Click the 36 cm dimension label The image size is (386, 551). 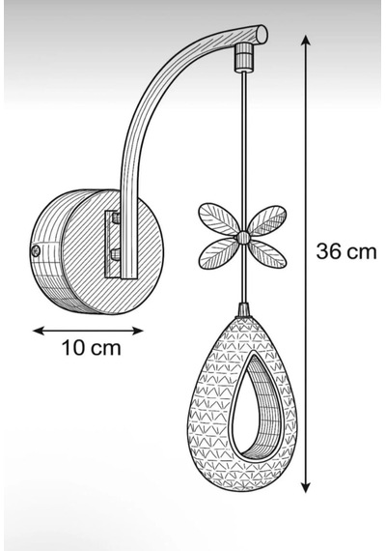pos(346,251)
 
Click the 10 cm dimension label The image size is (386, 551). pos(92,348)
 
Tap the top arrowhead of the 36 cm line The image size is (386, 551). pos(306,40)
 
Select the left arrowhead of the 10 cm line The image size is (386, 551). pos(38,331)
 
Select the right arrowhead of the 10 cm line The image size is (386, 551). pos(138,331)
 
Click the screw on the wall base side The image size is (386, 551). pos(35,250)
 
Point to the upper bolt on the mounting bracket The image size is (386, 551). pos(115,217)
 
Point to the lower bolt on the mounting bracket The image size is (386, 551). pos(115,254)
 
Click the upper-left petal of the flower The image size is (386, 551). pos(218,218)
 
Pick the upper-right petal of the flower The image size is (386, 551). pos(266,220)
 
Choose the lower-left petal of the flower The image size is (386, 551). pos(218,253)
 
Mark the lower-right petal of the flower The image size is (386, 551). pos(266,253)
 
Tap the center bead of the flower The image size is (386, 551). pos(243,237)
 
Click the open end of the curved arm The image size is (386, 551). pos(262,35)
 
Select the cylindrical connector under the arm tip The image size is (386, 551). pos(244,56)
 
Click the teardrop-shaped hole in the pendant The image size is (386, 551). pos(252,408)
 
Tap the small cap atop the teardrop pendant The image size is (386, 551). pos(244,310)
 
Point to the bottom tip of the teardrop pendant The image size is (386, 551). pos(242,490)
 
